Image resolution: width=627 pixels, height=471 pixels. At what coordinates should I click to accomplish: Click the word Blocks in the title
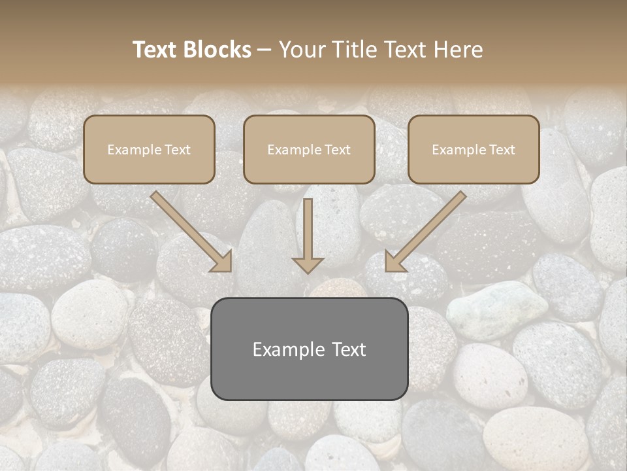tap(216, 50)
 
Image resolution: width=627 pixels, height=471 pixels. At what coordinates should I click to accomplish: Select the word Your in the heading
tap(302, 50)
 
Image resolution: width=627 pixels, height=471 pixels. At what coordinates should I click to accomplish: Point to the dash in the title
tap(265, 50)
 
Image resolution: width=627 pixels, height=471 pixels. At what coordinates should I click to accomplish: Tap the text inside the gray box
tap(309, 349)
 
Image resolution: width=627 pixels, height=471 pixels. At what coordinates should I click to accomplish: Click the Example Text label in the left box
tap(149, 150)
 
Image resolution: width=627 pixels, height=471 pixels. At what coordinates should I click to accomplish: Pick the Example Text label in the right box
tap(474, 150)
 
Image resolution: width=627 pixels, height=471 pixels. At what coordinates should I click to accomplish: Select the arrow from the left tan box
tap(189, 229)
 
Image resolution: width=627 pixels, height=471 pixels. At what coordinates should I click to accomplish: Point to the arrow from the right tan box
tap(428, 229)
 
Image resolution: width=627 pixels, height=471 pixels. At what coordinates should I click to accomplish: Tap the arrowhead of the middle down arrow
tap(308, 265)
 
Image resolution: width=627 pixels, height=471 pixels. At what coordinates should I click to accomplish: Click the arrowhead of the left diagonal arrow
tap(222, 262)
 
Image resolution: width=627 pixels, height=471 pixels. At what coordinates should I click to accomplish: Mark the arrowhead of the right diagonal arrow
tap(394, 262)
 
